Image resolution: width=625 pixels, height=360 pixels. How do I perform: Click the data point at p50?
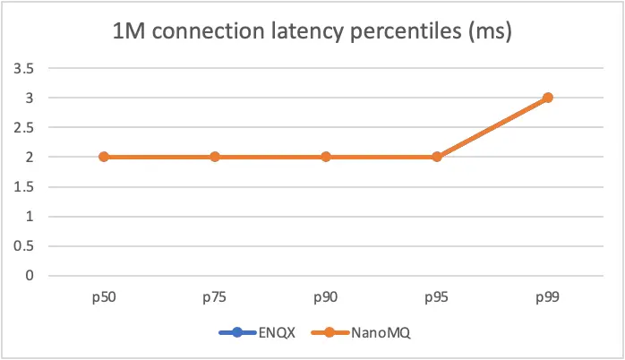pyautogui.click(x=104, y=157)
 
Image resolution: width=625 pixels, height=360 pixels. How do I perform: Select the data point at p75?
pyautogui.click(x=215, y=157)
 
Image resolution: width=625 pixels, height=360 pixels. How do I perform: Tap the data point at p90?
pyautogui.click(x=326, y=157)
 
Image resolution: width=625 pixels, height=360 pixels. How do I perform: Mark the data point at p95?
pyautogui.click(x=437, y=157)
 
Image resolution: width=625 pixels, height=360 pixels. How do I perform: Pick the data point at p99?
pyautogui.click(x=548, y=98)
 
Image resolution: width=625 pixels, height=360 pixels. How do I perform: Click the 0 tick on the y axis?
pyautogui.click(x=30, y=276)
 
